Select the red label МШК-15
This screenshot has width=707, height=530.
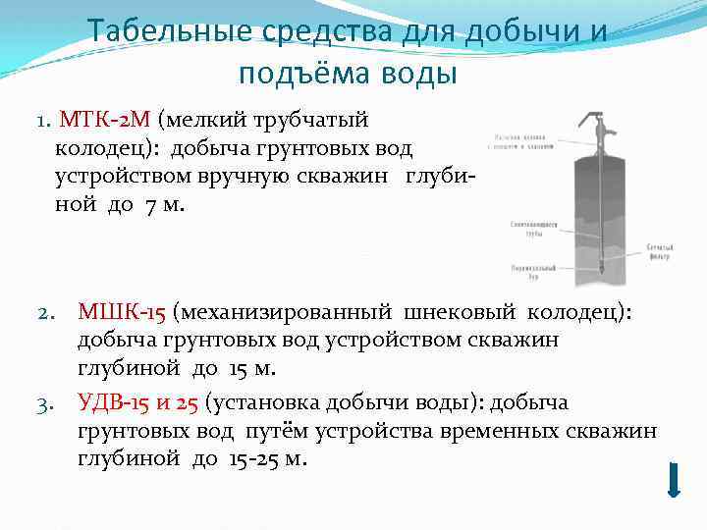click(122, 313)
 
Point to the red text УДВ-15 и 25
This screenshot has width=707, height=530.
click(137, 402)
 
